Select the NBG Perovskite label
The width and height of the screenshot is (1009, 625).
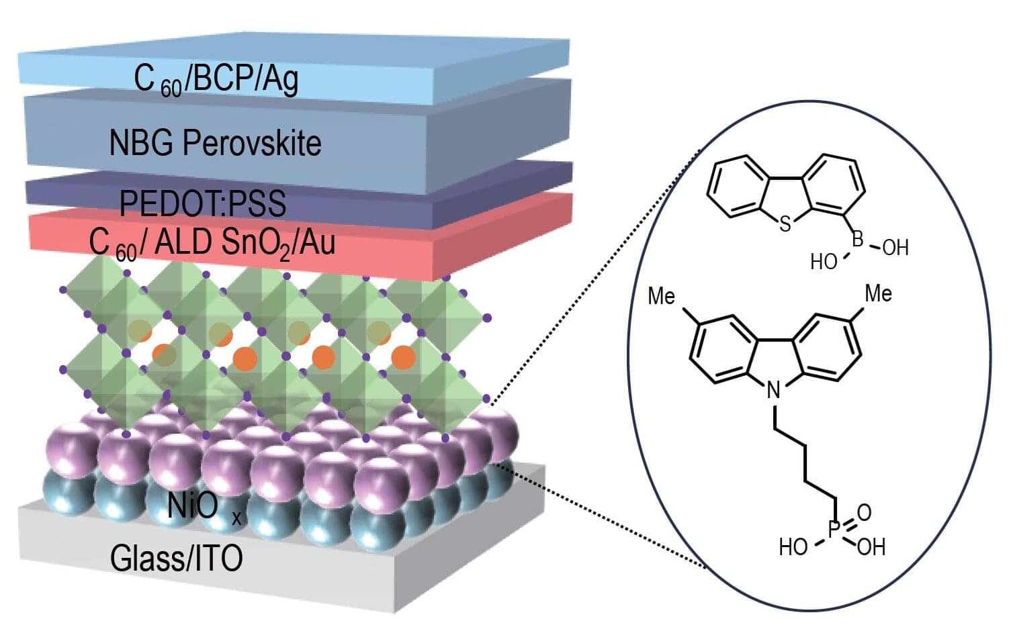[215, 143]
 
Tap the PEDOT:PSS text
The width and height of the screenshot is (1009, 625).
[202, 203]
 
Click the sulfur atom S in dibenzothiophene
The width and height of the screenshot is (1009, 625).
[785, 224]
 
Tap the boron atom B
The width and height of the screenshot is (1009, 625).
[857, 239]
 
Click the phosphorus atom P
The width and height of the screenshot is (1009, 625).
[834, 530]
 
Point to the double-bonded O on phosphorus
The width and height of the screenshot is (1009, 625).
[865, 512]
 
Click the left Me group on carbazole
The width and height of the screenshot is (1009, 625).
[661, 296]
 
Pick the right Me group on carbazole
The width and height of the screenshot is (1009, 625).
[877, 293]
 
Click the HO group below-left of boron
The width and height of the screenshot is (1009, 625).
[824, 262]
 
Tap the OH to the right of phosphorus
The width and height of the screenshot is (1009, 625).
[871, 547]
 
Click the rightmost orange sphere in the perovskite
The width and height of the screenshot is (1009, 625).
[402, 356]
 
